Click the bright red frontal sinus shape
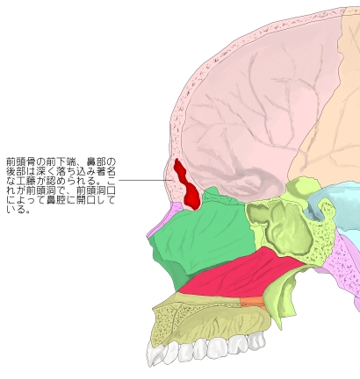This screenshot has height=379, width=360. (186, 185)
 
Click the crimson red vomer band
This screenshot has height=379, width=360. (240, 274)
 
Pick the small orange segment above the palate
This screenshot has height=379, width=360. (252, 303)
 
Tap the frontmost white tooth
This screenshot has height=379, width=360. (155, 354)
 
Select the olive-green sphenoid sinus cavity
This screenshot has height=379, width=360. (281, 225)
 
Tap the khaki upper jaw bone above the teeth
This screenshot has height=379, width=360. (205, 323)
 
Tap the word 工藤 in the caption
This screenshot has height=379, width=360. (26, 181)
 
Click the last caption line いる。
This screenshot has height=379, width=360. (18, 210)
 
